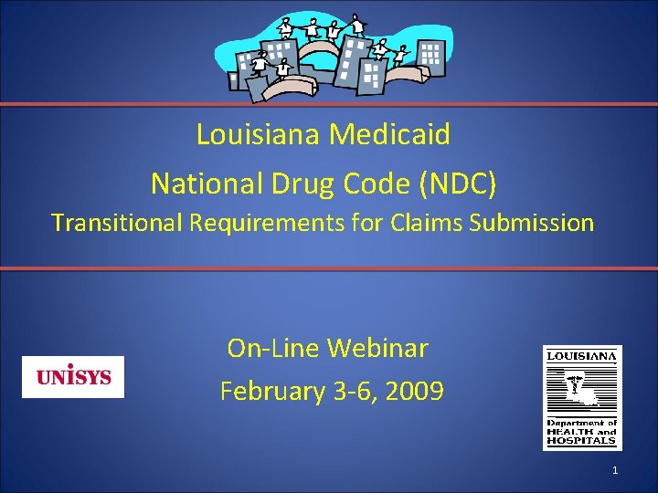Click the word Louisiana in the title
coord(259,135)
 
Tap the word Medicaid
coord(390,135)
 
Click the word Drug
coord(299,184)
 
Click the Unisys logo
coord(73,376)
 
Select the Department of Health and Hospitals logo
coord(582,397)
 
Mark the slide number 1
coord(615,470)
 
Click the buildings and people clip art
coord(329,55)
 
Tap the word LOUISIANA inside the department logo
coord(582,355)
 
